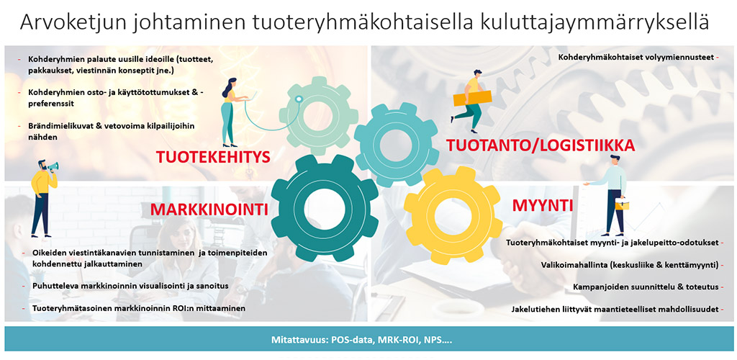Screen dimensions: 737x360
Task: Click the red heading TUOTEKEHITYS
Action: (x=213, y=157)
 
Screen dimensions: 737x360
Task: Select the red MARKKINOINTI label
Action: (x=209, y=209)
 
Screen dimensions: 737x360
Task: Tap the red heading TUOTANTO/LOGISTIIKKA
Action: (x=541, y=145)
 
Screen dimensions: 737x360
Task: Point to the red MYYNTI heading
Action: (x=542, y=205)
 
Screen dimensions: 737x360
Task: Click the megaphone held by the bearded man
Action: (x=53, y=166)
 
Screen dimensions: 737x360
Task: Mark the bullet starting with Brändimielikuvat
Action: (x=112, y=132)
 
